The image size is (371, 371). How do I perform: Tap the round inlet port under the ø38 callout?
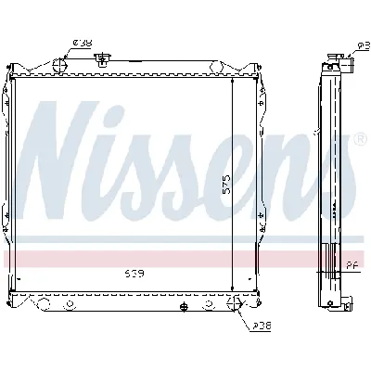click(60, 66)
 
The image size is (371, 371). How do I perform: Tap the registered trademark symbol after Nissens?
click(359, 140)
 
